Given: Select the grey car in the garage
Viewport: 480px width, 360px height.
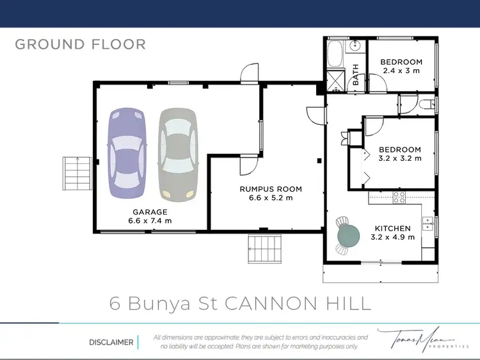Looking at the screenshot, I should click(x=177, y=152).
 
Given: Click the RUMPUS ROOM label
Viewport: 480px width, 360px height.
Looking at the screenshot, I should click(x=271, y=189).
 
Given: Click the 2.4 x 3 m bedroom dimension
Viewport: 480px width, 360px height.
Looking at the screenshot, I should click(x=401, y=70).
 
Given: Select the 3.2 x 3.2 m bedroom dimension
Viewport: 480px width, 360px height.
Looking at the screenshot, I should click(x=401, y=158).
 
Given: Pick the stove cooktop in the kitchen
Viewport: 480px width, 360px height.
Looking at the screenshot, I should click(x=399, y=197).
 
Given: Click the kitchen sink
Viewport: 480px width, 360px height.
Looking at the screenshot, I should click(x=427, y=224).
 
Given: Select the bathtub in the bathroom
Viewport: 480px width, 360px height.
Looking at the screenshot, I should click(x=336, y=54).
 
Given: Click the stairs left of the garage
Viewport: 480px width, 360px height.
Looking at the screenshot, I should click(x=76, y=174).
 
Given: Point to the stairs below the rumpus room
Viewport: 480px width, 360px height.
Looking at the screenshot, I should click(x=264, y=249).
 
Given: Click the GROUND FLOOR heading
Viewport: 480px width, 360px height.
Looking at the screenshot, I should click(x=80, y=44).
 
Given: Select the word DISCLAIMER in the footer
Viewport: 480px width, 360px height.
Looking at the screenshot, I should click(x=111, y=342).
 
